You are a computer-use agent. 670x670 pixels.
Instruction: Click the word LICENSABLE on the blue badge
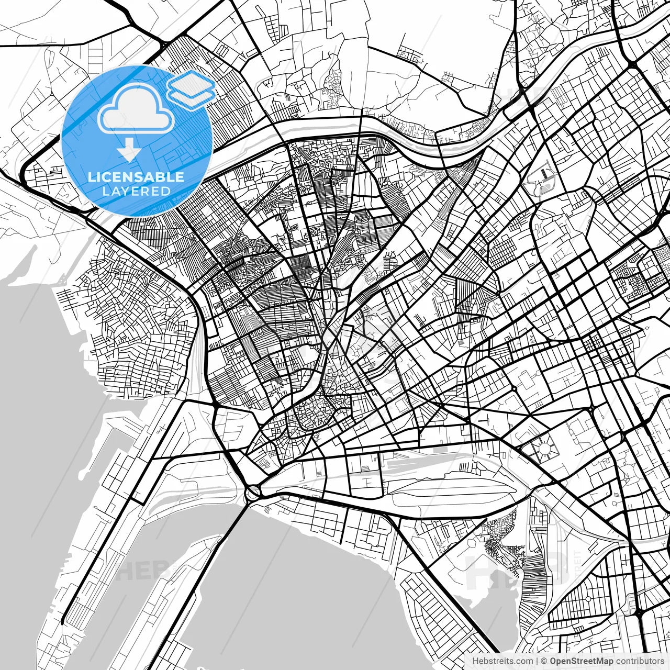[x=136, y=177]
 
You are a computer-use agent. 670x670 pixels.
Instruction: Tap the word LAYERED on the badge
[x=136, y=191]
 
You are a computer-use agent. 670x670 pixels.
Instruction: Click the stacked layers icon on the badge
[x=191, y=90]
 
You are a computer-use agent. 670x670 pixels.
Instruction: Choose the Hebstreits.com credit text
[x=502, y=661]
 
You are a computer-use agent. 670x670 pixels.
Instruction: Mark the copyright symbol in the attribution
[x=544, y=661]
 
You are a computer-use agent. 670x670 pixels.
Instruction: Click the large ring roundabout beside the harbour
[x=253, y=492]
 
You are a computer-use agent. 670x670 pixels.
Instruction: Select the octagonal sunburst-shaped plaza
[x=544, y=449]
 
